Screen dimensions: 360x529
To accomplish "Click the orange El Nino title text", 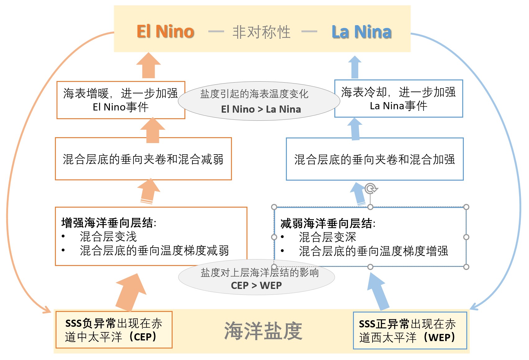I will pyautogui.click(x=165, y=31).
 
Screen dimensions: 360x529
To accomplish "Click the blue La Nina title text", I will pyautogui.click(x=361, y=32).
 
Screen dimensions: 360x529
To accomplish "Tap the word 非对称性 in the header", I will pyautogui.click(x=261, y=32).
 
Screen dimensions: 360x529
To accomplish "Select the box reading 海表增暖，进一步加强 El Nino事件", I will pyautogui.click(x=121, y=100).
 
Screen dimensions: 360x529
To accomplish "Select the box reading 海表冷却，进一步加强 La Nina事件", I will pyautogui.click(x=398, y=99).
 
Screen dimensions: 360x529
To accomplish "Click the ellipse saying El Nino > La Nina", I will pyautogui.click(x=259, y=101).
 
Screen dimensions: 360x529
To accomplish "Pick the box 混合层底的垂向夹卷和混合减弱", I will pyautogui.click(x=143, y=159).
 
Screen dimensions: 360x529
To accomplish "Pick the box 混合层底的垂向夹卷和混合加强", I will pyautogui.click(x=374, y=159).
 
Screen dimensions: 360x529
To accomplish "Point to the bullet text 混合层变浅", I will pyautogui.click(x=108, y=236).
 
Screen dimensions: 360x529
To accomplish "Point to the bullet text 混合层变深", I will pyautogui.click(x=327, y=237).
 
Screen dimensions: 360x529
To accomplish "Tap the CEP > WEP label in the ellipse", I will pyautogui.click(x=256, y=285).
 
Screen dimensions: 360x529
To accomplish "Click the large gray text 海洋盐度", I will pyautogui.click(x=263, y=331).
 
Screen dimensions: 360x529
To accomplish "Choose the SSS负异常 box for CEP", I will pyautogui.click(x=114, y=330).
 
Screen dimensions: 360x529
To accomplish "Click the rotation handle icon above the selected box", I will pyautogui.click(x=370, y=188).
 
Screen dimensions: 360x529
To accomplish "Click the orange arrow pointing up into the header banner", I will pyautogui.click(x=148, y=66).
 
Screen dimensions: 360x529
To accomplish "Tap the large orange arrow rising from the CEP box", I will pyautogui.click(x=130, y=292).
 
